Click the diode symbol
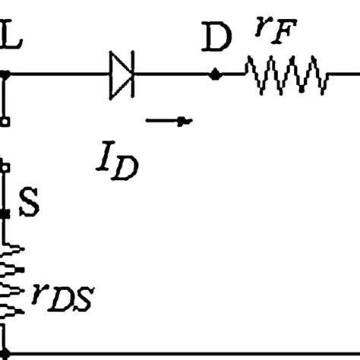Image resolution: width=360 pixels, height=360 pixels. pyautogui.click(x=122, y=74)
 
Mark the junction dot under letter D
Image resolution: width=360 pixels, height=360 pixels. pyautogui.click(x=216, y=74)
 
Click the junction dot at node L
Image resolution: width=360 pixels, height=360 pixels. pyautogui.click(x=6, y=74)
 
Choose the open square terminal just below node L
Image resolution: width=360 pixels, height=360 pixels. pyautogui.click(x=6, y=120)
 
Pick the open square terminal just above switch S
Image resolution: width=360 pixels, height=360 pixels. pyautogui.click(x=6, y=165)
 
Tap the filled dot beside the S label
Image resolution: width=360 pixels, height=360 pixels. pyautogui.click(x=6, y=214)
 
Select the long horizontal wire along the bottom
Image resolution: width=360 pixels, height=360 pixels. pyautogui.click(x=182, y=353)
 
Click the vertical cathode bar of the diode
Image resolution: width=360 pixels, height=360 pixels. pyautogui.click(x=134, y=74)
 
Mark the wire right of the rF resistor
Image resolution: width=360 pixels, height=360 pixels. pyautogui.click(x=343, y=74)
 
